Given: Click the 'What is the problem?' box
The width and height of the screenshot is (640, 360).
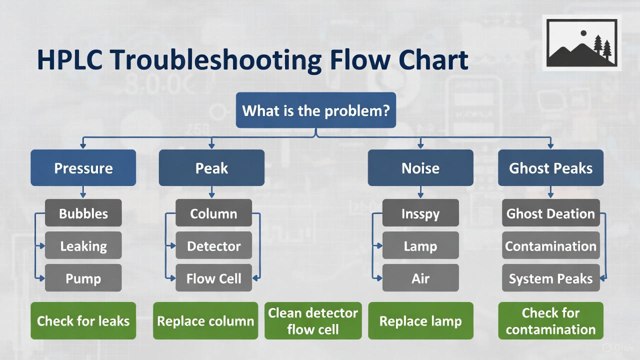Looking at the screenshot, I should pyautogui.click(x=315, y=110).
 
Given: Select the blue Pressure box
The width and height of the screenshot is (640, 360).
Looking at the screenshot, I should pyautogui.click(x=83, y=168).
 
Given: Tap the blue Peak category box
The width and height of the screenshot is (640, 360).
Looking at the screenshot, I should pyautogui.click(x=211, y=168).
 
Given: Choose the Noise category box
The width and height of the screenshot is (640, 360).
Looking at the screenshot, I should pyautogui.click(x=420, y=168).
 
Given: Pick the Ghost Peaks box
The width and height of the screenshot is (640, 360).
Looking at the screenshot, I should pyautogui.click(x=550, y=168).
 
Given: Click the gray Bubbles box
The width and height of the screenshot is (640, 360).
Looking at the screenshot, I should pyautogui.click(x=83, y=213).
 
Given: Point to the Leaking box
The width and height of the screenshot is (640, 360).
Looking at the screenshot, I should pyautogui.click(x=83, y=245).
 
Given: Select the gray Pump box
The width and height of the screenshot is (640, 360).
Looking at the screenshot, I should pyautogui.click(x=83, y=278).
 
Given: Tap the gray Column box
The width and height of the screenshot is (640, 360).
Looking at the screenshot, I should pyautogui.click(x=213, y=213).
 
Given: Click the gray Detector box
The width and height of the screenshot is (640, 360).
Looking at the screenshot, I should pyautogui.click(x=213, y=245).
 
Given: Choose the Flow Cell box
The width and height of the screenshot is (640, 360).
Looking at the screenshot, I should pyautogui.click(x=213, y=278).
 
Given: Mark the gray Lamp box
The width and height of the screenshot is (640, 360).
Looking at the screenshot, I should pyautogui.click(x=420, y=245).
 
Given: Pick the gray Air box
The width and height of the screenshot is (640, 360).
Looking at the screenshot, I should pyautogui.click(x=420, y=278).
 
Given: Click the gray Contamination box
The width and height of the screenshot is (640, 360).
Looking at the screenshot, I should pyautogui.click(x=550, y=245).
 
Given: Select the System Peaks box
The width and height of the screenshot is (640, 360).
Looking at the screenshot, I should pyautogui.click(x=550, y=278).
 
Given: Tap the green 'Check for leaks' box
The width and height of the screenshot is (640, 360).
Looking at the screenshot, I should pyautogui.click(x=83, y=320).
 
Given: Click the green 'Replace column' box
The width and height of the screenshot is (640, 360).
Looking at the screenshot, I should pyautogui.click(x=205, y=320).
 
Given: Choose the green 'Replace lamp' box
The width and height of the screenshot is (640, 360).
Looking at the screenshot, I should pyautogui.click(x=420, y=320).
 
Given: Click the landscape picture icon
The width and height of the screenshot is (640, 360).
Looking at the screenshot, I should pyautogui.click(x=581, y=43).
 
